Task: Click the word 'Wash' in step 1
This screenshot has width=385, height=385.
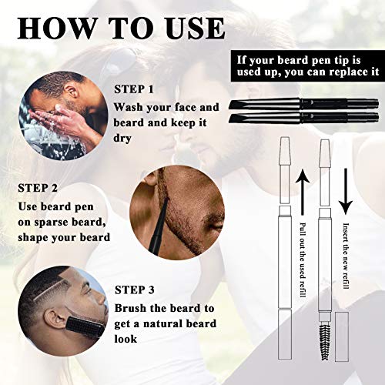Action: [x=132, y=108]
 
